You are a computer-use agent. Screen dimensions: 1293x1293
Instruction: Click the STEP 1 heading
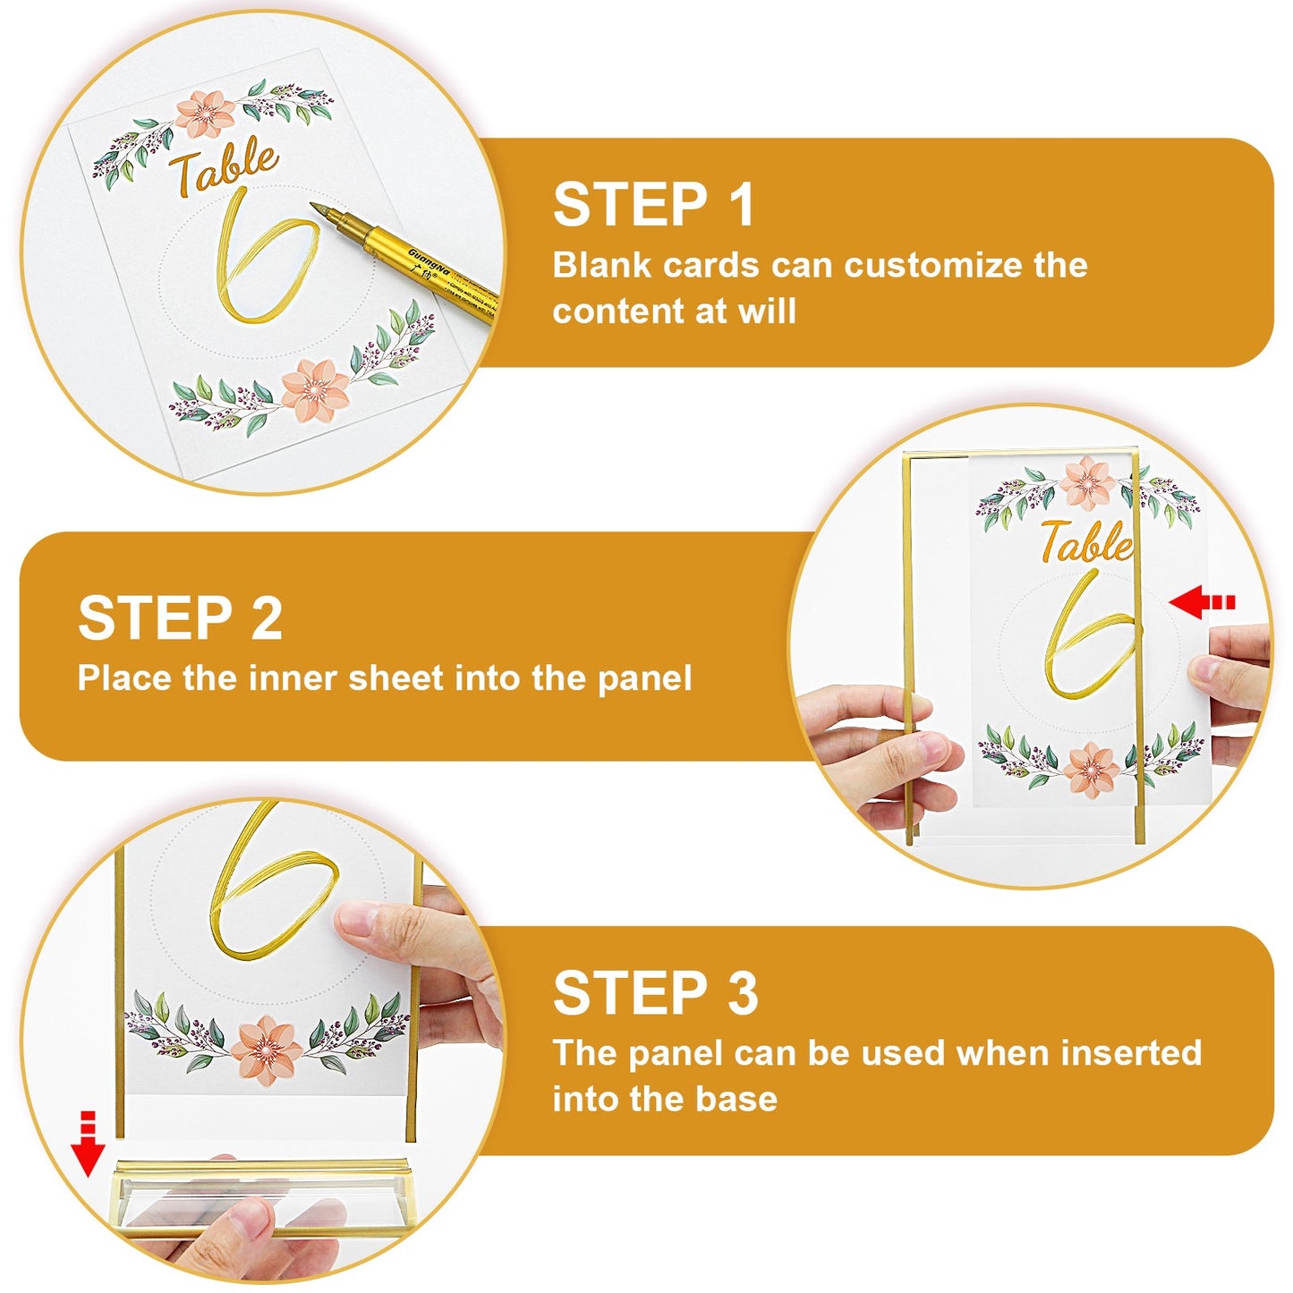pyautogui.click(x=654, y=205)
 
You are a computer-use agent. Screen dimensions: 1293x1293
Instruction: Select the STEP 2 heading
pyautogui.click(x=180, y=618)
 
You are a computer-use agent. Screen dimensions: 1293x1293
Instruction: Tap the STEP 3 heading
pyautogui.click(x=655, y=993)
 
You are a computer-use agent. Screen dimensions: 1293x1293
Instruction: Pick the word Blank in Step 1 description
pyautogui.click(x=598, y=266)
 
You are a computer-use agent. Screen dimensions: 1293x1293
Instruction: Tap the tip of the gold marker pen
pyautogui.click(x=316, y=208)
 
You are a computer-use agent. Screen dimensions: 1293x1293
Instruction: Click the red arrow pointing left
pyautogui.click(x=1201, y=603)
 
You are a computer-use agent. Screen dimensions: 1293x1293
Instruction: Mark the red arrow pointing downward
pyautogui.click(x=88, y=1145)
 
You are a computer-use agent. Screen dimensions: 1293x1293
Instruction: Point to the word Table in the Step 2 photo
pyautogui.click(x=1085, y=543)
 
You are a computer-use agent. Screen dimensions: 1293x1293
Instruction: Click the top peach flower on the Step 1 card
pyautogui.click(x=205, y=114)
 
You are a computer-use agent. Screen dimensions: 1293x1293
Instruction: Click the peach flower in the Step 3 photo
pyautogui.click(x=266, y=1050)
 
